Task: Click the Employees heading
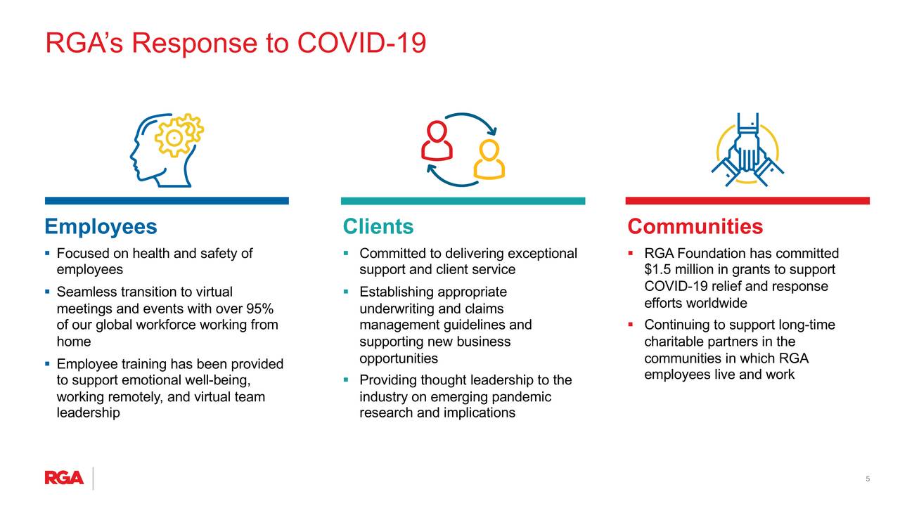101,226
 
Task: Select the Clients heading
378,226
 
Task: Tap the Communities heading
695,226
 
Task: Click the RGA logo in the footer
64,477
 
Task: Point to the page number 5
868,479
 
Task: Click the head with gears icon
167,150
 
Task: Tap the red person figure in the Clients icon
437,141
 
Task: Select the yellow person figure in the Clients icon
489,159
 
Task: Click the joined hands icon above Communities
747,150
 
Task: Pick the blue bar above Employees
167,201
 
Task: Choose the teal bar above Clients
463,201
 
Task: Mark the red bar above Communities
747,201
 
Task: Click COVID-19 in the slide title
361,43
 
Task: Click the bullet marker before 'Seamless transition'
47,292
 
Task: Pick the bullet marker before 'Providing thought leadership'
346,379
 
